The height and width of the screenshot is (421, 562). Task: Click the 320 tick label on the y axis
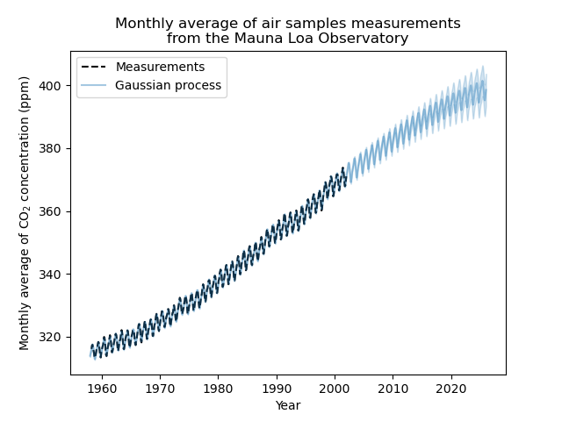(x=54, y=338)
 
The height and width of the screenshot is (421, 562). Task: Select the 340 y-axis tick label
(x=54, y=275)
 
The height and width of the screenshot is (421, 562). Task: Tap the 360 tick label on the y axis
(x=54, y=211)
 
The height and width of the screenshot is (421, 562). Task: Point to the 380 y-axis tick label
(x=54, y=149)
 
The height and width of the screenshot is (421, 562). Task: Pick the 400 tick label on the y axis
(x=54, y=86)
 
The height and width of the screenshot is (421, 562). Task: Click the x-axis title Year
(x=288, y=405)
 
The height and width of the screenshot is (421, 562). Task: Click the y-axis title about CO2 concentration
(x=25, y=213)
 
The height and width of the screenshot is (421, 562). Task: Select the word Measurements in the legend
(x=160, y=68)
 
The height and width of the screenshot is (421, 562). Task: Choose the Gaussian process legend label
(x=168, y=86)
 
